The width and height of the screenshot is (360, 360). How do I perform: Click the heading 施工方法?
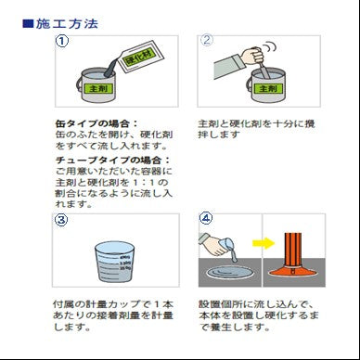point(67,22)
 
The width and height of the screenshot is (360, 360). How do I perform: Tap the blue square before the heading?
point(28,22)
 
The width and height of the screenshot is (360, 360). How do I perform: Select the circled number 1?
point(61,42)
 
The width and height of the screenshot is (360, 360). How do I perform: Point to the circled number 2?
point(207,42)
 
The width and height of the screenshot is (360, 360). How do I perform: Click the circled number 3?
point(61,221)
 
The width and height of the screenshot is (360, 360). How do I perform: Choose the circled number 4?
point(206,221)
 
